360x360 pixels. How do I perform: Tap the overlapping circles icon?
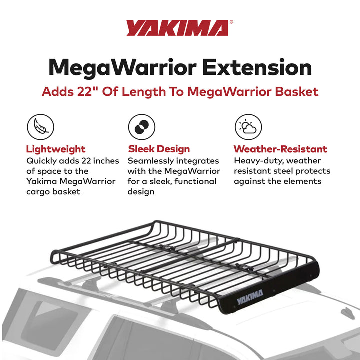point(141,127)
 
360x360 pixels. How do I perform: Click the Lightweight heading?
point(55,149)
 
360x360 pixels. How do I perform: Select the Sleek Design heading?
point(159,149)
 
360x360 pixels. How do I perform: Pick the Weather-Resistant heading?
point(280,149)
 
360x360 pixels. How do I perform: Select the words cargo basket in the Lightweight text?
point(53,191)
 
